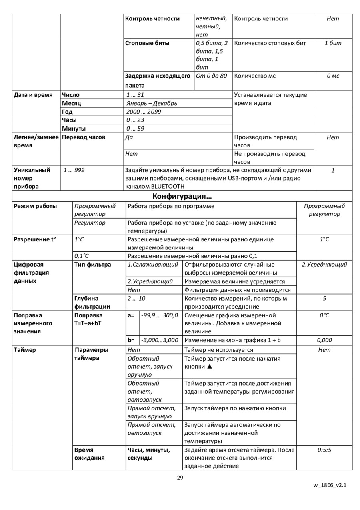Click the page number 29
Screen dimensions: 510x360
tap(180, 478)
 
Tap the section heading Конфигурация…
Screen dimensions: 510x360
tap(182, 196)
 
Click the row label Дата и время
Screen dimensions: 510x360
tap(33, 95)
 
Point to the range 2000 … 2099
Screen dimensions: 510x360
tap(144, 112)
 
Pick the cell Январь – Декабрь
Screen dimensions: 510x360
tap(152, 103)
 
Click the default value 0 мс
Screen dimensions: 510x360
tap(333, 76)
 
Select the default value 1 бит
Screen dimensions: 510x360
tap(333, 43)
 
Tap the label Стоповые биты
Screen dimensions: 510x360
tap(147, 43)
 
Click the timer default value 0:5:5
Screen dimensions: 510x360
tap(324, 450)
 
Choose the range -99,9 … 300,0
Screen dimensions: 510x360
tap(160, 315)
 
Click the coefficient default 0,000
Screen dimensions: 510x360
tap(324, 340)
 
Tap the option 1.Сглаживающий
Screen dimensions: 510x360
tap(153, 265)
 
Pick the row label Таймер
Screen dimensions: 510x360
tap(25, 350)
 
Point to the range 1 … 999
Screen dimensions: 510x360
tap(74, 170)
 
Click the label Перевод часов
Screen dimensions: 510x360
tap(84, 137)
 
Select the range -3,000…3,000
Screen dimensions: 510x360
tap(160, 340)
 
